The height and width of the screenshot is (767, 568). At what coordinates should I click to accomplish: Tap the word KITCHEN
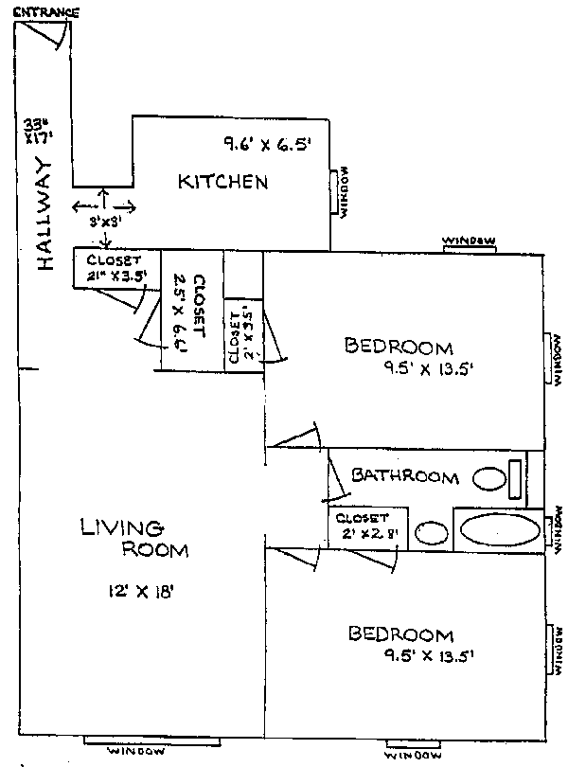click(223, 182)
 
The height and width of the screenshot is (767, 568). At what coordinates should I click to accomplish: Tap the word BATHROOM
click(405, 476)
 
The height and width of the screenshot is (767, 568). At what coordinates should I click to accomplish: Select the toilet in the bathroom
click(491, 478)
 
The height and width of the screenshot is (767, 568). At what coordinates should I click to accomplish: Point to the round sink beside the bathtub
click(432, 533)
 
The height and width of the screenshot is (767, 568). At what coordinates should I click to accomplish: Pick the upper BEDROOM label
click(399, 347)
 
